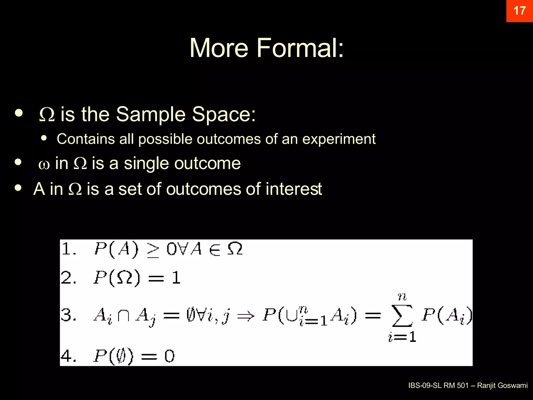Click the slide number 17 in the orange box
point(519,11)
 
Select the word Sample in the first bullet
point(151,115)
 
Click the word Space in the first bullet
point(224,115)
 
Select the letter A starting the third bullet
point(39,189)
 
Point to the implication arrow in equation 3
point(246,316)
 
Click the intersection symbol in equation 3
point(123,316)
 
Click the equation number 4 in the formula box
point(67,356)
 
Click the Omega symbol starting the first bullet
point(47,115)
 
